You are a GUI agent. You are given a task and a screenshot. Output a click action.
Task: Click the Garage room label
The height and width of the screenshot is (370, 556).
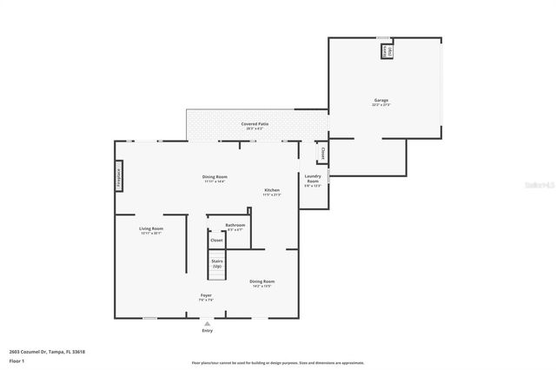tap(381, 102)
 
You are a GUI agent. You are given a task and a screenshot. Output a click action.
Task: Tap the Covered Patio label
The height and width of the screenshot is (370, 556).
tap(255, 125)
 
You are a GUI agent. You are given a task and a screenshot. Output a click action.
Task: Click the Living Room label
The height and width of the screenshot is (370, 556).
tap(151, 230)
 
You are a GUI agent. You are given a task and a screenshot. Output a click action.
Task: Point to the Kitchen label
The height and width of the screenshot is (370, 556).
tap(272, 191)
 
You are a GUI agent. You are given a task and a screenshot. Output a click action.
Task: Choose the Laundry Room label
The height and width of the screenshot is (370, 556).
tap(313, 180)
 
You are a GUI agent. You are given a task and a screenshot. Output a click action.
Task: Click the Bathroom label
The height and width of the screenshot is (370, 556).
tap(235, 226)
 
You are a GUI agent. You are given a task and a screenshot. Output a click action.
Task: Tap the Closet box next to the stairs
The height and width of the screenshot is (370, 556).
tap(216, 240)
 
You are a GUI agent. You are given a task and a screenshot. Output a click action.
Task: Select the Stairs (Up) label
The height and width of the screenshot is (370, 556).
tap(216, 263)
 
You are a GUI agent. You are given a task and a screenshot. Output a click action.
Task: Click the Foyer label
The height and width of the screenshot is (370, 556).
tap(206, 296)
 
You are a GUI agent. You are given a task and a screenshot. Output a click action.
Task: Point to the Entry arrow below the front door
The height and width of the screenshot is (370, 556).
tap(207, 322)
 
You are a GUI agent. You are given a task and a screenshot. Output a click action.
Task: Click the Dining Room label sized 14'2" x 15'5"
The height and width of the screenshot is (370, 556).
tap(262, 283)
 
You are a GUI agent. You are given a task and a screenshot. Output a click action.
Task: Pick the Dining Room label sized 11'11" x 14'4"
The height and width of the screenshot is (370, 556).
tap(215, 178)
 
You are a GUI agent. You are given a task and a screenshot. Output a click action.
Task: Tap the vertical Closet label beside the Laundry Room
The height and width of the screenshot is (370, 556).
tap(322, 153)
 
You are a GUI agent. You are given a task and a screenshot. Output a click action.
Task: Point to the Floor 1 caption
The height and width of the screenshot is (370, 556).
tap(17, 360)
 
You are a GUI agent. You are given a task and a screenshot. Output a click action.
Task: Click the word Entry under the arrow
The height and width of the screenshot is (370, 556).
tap(207, 331)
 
